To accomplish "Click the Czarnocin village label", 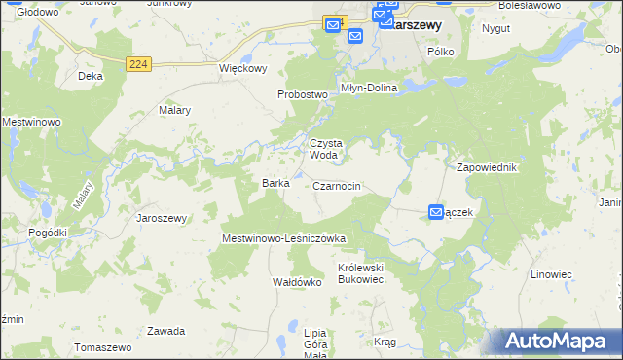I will tap(338, 186).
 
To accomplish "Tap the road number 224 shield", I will tap(138, 64).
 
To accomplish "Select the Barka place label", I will tap(275, 183).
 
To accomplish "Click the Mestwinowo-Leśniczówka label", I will tap(284, 237).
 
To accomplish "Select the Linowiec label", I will tap(551, 274).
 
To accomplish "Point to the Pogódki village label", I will tap(48, 233).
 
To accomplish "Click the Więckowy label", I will tap(242, 69).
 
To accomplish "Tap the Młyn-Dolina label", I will tap(368, 88).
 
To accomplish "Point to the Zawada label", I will tap(165, 331).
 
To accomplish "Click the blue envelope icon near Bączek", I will tap(436, 212).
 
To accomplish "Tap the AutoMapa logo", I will tap(558, 342).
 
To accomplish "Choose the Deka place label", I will tap(91, 75).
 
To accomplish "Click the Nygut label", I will tap(496, 28).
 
